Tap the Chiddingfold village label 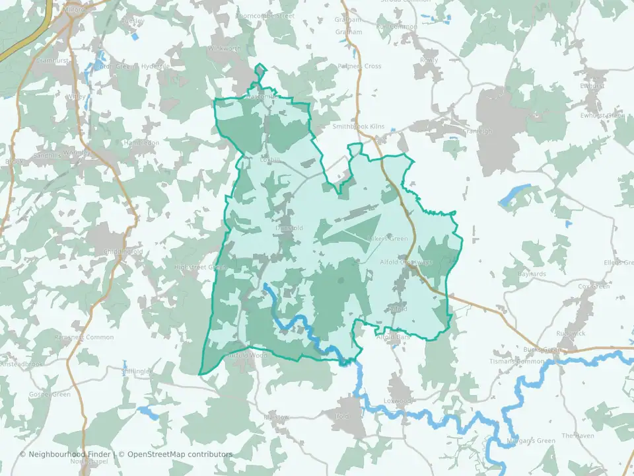123,252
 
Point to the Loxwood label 398,401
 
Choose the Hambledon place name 141,142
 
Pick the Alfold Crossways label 406,262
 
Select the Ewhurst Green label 602,116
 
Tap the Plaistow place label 276,417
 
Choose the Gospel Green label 50,395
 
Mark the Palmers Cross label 360,66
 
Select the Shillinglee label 137,372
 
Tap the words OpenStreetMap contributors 180,454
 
